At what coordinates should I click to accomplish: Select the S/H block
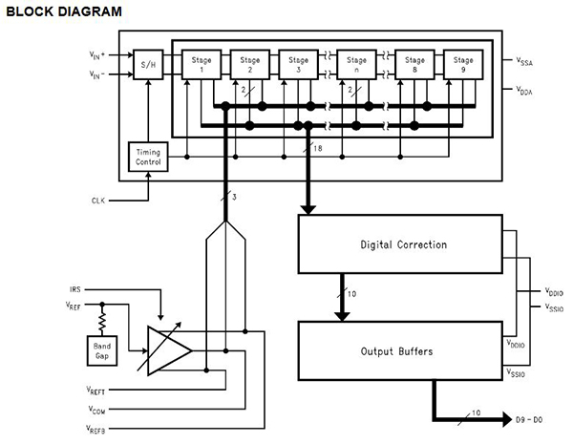point(148,65)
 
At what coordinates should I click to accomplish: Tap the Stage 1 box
point(196,65)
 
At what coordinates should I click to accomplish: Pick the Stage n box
point(356,65)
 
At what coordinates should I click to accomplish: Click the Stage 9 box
point(464,65)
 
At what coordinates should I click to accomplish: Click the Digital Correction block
point(402,244)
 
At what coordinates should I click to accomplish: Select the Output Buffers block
point(402,350)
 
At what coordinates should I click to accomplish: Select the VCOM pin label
point(95,408)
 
